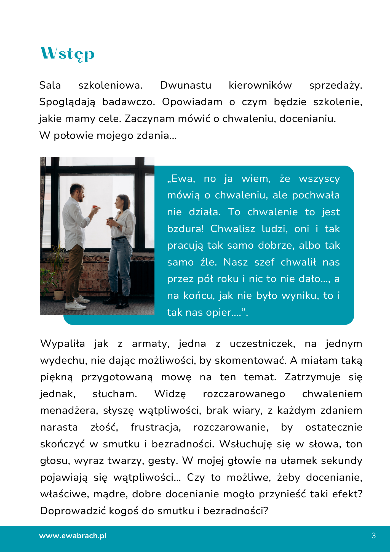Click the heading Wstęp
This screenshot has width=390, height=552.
[68, 54]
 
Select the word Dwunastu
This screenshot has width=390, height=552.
[186, 85]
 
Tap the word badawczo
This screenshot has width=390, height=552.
[129, 102]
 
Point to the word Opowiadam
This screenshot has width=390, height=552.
[192, 102]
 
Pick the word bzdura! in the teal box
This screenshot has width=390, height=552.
[185, 229]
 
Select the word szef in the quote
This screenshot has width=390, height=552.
[264, 262]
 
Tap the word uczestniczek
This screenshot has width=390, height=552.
[262, 344]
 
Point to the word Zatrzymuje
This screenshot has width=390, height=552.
[312, 377]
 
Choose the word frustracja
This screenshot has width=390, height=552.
[156, 428]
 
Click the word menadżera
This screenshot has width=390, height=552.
[69, 411]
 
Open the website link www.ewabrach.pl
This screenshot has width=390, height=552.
[73, 536]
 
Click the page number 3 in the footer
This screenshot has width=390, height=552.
[374, 536]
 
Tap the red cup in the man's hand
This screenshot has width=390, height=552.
[95, 207]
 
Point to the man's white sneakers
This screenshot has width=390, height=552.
[76, 304]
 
